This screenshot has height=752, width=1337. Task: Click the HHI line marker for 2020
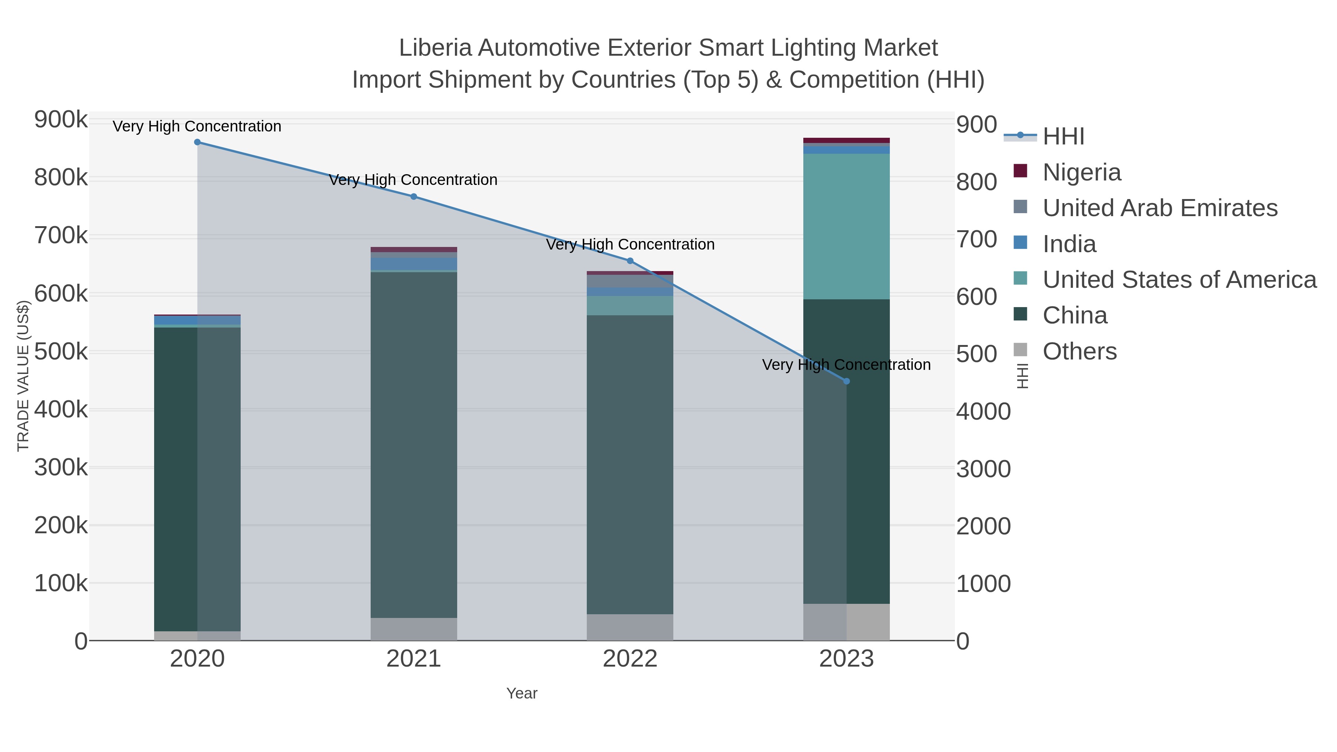coord(197,142)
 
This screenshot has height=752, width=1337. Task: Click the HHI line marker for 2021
coord(414,197)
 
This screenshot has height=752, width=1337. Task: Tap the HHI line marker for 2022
coord(630,261)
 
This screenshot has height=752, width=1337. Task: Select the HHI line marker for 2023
coord(846,381)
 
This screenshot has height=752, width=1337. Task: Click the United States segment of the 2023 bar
coord(846,226)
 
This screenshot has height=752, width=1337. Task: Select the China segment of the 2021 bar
coord(414,445)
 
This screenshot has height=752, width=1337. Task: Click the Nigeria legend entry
coord(1081,172)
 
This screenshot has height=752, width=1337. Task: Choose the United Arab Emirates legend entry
coord(1159,208)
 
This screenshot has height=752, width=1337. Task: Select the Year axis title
coord(522,693)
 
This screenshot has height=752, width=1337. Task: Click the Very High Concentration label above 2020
coord(197,126)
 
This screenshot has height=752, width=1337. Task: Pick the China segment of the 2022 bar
coord(630,465)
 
